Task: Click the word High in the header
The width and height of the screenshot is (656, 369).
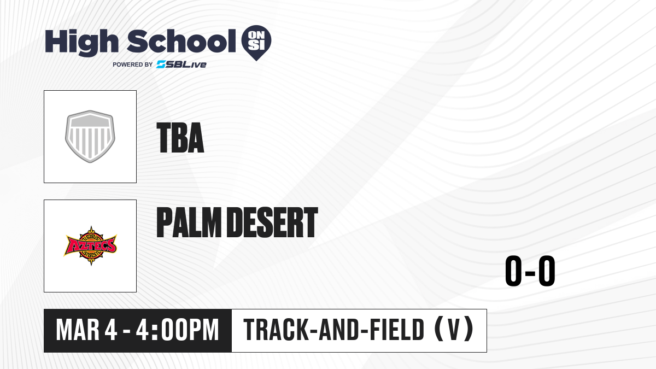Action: (81, 42)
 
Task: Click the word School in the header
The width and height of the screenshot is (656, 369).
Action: (181, 41)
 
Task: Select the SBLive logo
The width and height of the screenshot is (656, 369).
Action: (181, 64)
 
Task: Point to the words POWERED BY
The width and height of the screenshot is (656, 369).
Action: (133, 65)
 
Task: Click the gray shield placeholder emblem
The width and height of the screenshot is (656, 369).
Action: (90, 137)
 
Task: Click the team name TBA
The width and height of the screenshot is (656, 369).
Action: (180, 138)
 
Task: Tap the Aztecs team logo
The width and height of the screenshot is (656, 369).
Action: (90, 246)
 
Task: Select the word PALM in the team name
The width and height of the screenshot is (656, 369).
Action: (189, 222)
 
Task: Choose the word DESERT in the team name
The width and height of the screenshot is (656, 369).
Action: (273, 222)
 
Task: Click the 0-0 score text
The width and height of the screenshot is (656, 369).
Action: (530, 271)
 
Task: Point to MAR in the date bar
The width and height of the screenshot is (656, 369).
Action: (78, 330)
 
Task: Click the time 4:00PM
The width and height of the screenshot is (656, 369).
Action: (178, 330)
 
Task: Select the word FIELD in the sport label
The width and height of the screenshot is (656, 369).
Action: (397, 330)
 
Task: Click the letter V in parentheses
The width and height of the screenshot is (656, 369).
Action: (454, 330)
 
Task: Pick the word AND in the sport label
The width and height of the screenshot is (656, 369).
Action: (339, 330)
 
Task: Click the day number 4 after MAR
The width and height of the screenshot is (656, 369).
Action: (110, 330)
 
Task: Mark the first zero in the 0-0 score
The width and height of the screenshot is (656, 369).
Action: (513, 271)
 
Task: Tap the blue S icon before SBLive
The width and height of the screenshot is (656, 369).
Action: (161, 64)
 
